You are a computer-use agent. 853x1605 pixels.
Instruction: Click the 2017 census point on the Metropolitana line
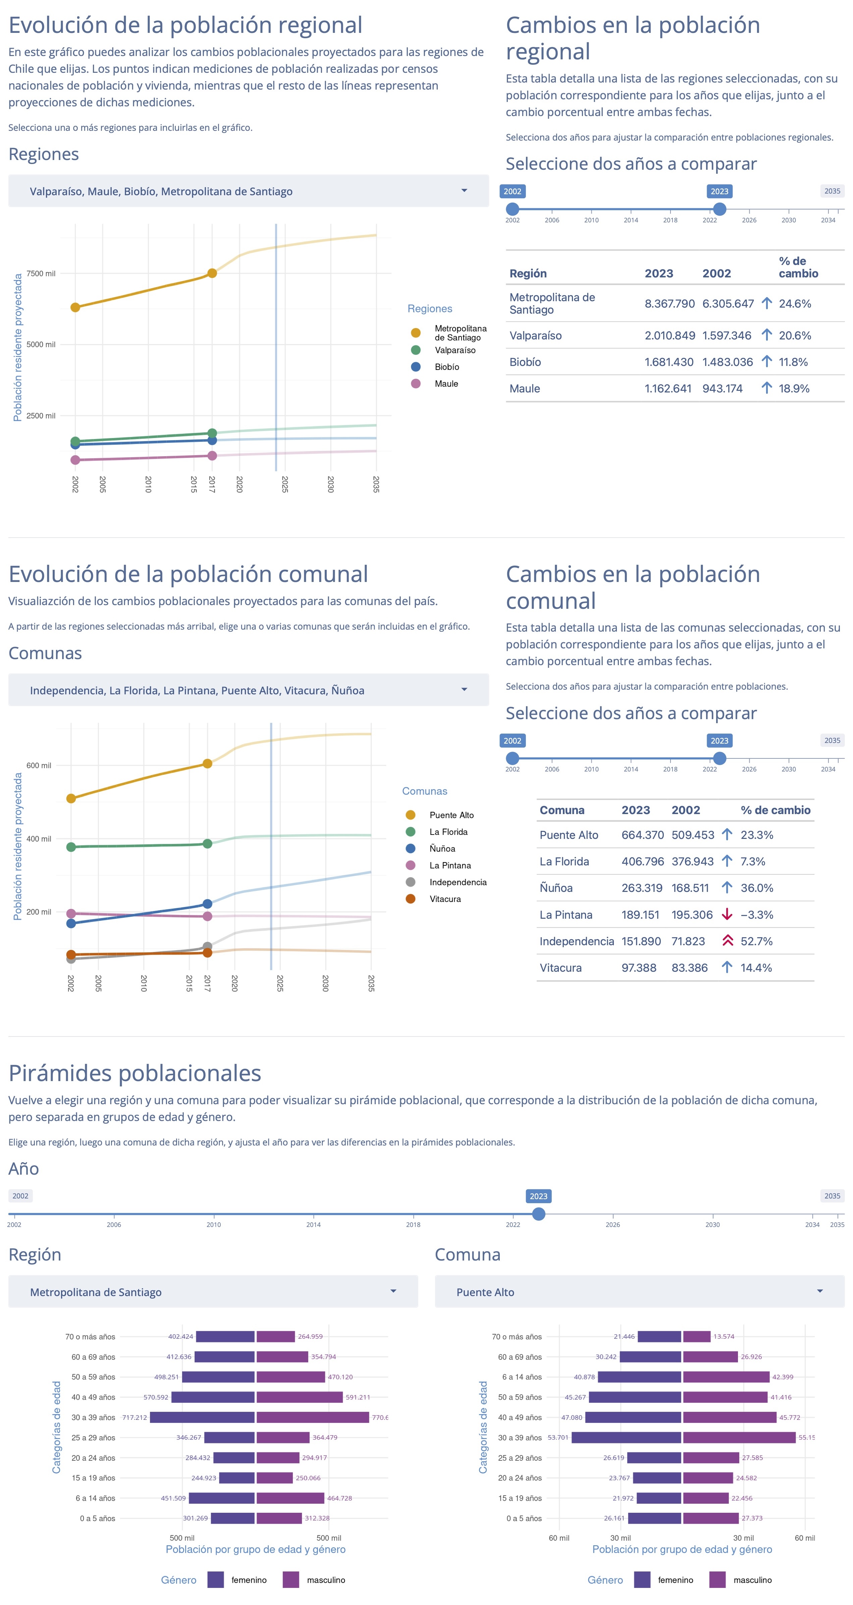pos(212,273)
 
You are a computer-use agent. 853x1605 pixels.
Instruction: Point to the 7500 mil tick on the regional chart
pos(41,273)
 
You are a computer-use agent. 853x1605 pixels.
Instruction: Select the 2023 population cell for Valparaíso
pos(669,335)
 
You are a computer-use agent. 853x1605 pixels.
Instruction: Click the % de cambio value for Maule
pos(794,388)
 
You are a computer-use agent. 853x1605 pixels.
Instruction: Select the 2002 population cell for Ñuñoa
pos(690,888)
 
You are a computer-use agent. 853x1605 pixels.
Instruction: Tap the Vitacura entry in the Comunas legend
pos(445,899)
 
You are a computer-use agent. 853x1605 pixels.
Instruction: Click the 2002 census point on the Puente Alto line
pos(71,798)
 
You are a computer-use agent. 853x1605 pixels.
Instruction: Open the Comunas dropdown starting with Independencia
pos(248,690)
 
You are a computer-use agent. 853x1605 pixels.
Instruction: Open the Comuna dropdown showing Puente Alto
pos(639,1292)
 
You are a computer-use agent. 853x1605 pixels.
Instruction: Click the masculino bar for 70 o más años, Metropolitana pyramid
pos(275,1336)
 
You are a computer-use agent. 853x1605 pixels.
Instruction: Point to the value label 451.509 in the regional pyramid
pos(173,1498)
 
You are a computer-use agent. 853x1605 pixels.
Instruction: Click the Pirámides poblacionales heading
pos(135,1073)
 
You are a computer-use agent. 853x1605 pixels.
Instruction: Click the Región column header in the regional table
pos(528,273)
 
